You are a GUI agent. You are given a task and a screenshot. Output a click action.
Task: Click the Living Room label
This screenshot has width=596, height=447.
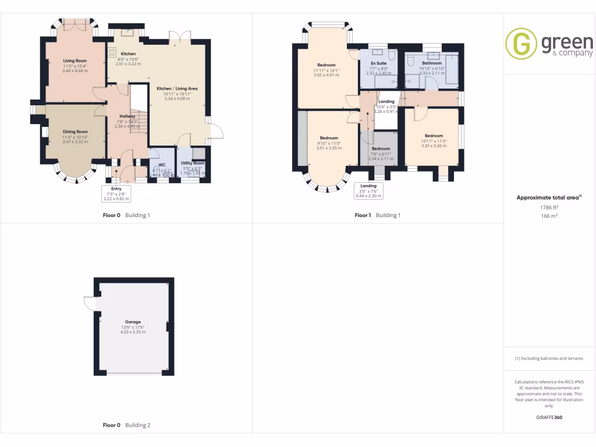tap(74, 61)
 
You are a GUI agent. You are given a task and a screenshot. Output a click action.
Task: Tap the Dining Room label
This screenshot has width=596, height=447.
tap(74, 132)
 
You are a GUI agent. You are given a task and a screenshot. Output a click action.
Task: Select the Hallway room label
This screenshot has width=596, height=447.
tap(127, 116)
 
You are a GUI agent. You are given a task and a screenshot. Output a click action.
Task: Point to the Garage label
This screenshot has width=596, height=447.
tap(133, 322)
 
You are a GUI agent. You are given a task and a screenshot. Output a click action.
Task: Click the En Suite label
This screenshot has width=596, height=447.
tap(378, 63)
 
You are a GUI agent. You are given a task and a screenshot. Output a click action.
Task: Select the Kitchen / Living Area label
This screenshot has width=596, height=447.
tap(177, 88)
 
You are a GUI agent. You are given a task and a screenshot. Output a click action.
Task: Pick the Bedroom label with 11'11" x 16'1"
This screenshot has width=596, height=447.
tap(326, 65)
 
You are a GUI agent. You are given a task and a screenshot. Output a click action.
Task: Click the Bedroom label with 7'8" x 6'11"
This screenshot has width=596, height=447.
tap(381, 148)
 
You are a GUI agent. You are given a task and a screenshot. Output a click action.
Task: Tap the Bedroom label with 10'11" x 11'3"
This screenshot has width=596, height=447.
tap(433, 136)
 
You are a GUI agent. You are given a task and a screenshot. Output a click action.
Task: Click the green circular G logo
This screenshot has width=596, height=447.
tap(521, 44)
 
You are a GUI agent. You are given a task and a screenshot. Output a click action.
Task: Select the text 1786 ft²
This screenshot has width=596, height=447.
tap(549, 207)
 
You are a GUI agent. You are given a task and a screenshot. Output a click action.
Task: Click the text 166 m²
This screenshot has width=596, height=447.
tap(549, 216)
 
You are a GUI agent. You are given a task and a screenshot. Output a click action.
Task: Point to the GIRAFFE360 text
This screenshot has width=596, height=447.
tap(549, 417)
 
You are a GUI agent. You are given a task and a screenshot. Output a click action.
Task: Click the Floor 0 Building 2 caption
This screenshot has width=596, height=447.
tap(126, 425)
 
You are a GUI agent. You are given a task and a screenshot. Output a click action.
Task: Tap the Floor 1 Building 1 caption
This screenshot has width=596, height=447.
tap(378, 215)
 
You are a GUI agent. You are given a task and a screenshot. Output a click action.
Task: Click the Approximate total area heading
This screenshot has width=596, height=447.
tap(549, 198)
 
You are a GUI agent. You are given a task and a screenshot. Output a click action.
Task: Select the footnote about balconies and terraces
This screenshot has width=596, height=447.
tap(549, 359)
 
